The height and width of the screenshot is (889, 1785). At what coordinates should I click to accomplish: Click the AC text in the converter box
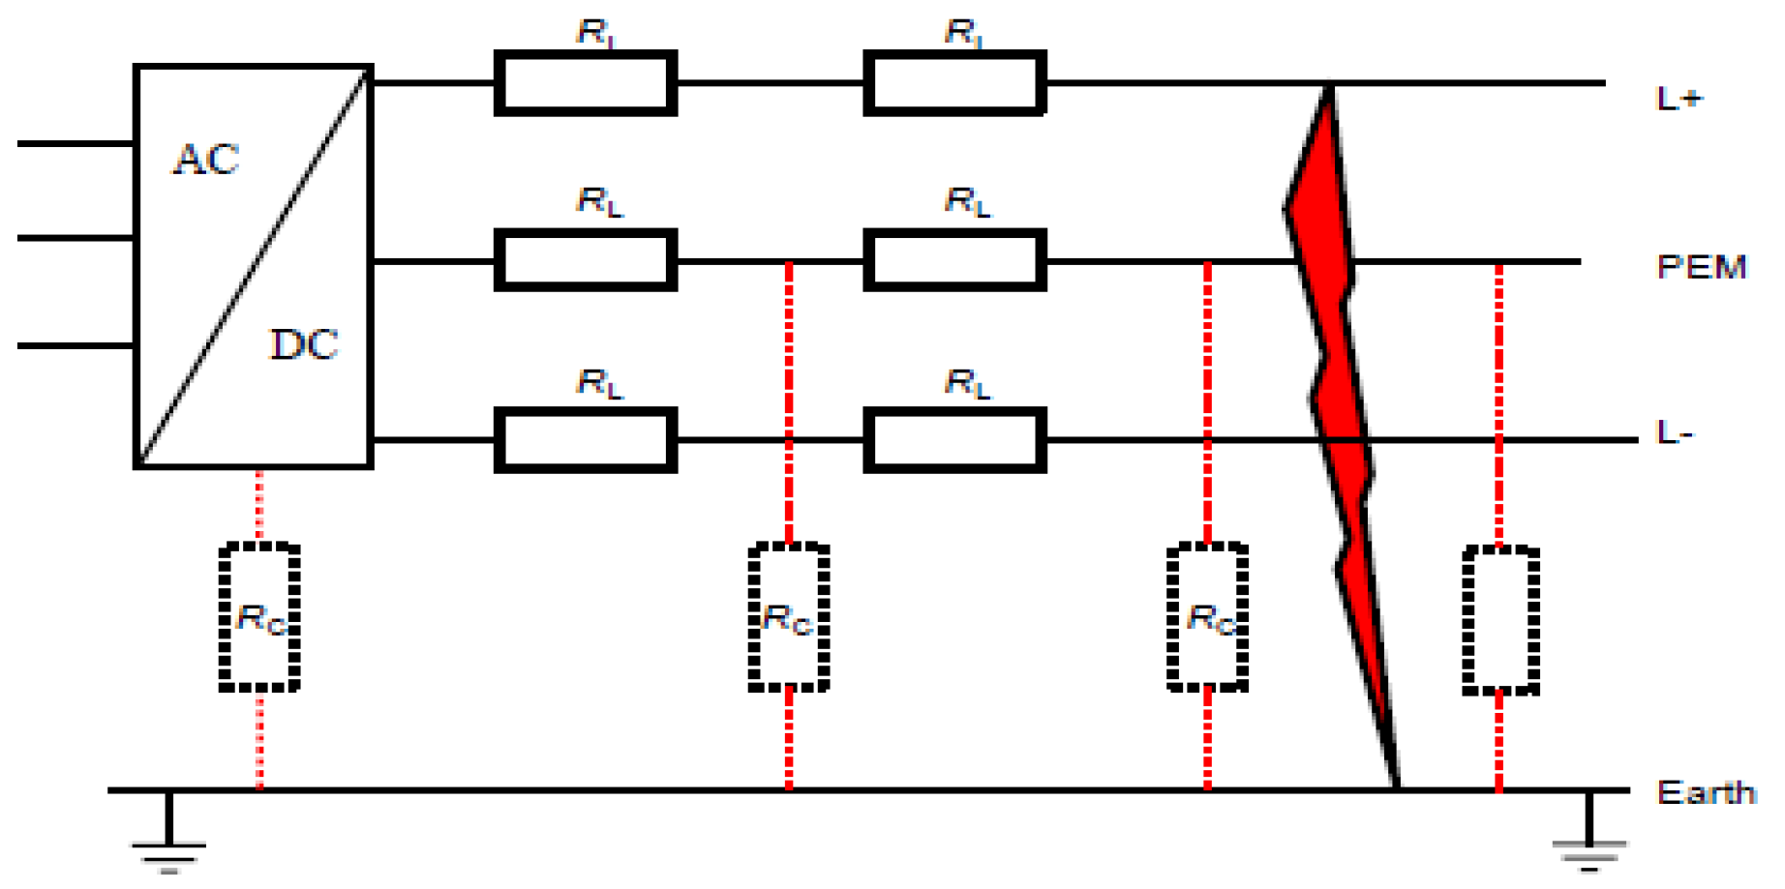tap(206, 161)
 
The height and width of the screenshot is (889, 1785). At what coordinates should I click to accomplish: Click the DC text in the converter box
tap(304, 345)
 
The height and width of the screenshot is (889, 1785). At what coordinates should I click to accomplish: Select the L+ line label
tap(1679, 99)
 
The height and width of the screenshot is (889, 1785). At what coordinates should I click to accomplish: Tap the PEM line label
tap(1701, 267)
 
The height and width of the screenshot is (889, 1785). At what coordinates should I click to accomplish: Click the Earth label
tap(1706, 793)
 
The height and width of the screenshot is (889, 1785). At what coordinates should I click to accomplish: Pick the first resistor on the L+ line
tap(585, 83)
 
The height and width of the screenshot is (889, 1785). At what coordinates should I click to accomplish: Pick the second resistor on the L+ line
tap(954, 83)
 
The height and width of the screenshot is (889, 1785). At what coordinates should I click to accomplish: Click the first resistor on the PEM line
tap(585, 260)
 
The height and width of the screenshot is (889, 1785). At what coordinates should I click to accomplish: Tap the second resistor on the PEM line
tap(954, 260)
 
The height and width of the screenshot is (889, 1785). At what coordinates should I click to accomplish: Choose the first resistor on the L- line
tap(585, 440)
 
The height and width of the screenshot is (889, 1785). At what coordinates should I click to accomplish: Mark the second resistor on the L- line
tap(954, 440)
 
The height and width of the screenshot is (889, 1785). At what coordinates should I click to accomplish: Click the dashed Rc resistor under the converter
tap(259, 617)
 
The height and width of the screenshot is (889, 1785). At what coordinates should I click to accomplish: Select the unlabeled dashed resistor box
tap(1499, 620)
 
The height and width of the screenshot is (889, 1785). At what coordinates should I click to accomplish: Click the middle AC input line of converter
tap(76, 238)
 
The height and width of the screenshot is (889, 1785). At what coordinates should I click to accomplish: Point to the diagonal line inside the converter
tap(254, 266)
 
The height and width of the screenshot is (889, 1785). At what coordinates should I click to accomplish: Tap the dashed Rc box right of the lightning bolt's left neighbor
tap(1207, 617)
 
